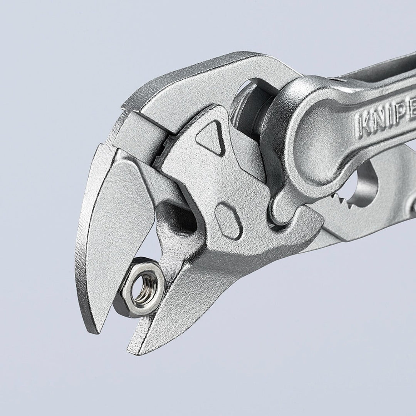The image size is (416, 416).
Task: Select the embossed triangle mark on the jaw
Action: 211,137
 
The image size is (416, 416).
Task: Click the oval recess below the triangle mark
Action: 228,220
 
